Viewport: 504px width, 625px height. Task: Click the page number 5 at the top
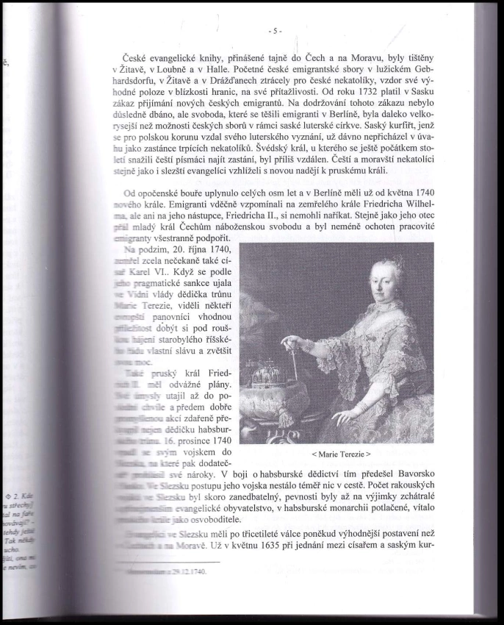point(275,31)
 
